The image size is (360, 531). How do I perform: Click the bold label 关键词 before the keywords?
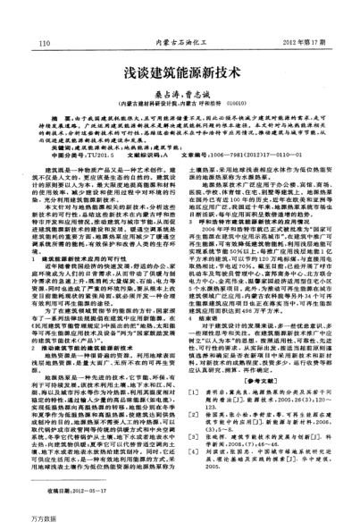[x=63, y=145]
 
